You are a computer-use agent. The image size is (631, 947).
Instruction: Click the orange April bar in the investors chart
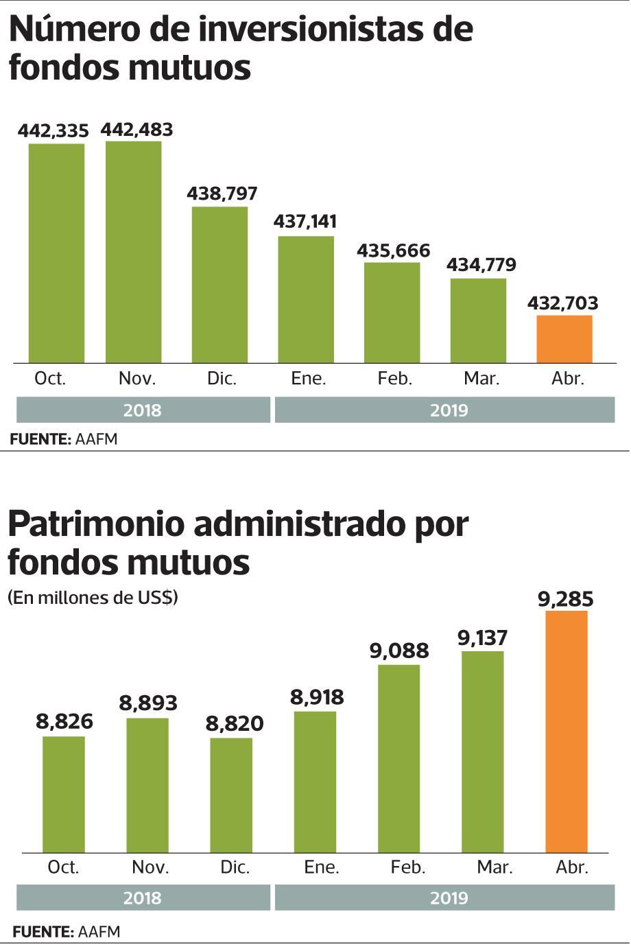point(564,339)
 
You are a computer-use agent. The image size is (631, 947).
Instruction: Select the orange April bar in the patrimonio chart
point(567,732)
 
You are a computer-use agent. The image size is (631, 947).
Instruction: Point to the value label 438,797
point(222,194)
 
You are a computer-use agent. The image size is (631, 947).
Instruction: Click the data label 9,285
point(566,599)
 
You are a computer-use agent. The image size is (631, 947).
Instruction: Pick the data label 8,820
point(235,724)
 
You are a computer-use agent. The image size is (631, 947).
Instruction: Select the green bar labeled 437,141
point(306,299)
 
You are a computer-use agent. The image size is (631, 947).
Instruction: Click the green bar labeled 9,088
point(399,758)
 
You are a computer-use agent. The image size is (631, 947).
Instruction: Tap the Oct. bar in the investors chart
point(56,253)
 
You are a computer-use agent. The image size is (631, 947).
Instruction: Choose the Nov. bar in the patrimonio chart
point(147,785)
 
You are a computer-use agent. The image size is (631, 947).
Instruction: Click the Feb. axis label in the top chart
point(394,378)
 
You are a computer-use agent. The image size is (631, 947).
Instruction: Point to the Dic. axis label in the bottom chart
point(235,867)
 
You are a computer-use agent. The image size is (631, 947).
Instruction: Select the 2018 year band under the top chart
point(143,410)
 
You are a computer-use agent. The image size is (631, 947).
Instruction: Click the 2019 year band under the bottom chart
point(444,898)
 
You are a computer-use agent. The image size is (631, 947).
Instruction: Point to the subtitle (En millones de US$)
point(93,598)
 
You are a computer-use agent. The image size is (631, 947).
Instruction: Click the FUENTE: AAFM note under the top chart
point(64,439)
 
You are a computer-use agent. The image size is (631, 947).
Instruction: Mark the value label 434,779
point(481,265)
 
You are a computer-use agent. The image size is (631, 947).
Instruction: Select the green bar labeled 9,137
point(482,751)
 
